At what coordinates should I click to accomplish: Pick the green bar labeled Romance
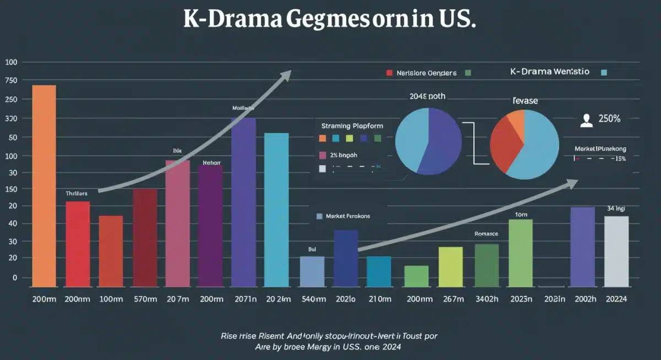(486, 265)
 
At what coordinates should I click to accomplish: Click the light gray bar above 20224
(616, 251)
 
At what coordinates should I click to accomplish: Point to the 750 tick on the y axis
(11, 81)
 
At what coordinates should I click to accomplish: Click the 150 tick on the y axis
(11, 189)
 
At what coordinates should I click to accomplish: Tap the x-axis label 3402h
(486, 299)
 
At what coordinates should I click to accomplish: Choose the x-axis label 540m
(312, 299)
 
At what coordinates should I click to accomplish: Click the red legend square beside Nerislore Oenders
(389, 73)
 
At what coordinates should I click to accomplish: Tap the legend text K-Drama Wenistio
(550, 72)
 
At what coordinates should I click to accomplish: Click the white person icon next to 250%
(587, 121)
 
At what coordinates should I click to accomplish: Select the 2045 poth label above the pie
(427, 96)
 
